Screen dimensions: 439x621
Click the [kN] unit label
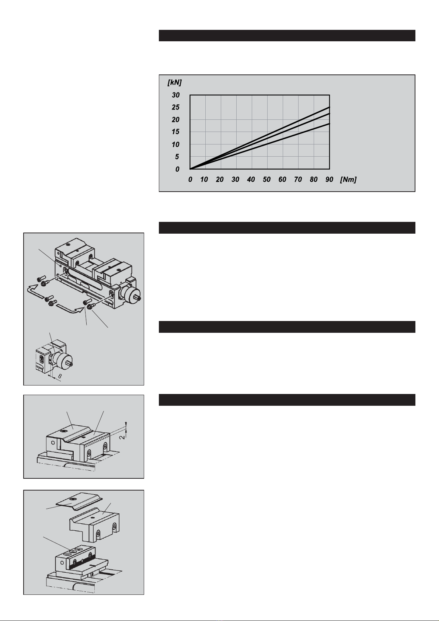click(175, 82)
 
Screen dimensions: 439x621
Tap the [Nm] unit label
click(348, 179)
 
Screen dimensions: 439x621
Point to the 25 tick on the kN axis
click(175, 107)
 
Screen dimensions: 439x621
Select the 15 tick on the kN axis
click(175, 132)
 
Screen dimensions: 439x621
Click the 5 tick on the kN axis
click(177, 157)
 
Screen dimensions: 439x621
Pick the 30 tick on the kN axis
click(175, 95)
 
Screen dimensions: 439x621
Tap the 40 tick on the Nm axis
click(251, 179)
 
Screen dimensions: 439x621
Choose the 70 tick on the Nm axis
click(298, 179)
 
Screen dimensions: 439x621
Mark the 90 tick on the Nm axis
click(329, 179)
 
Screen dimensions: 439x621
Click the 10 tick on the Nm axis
click(204, 179)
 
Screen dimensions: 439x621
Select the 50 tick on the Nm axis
click(266, 179)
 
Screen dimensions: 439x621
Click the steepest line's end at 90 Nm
click(330, 107)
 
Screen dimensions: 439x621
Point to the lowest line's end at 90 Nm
click(330, 123)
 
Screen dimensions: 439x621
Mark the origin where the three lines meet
click(190, 169)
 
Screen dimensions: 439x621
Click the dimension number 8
click(60, 376)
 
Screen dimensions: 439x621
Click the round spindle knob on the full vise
click(130, 296)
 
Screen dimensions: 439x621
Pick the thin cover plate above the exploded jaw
click(79, 502)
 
